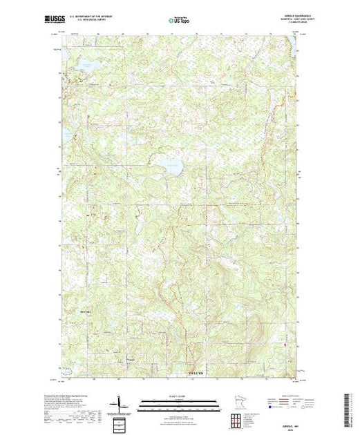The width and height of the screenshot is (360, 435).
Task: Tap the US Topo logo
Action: [179, 21]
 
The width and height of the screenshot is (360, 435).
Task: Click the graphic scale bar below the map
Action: [179, 403]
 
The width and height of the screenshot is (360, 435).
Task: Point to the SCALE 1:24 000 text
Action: [179, 396]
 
